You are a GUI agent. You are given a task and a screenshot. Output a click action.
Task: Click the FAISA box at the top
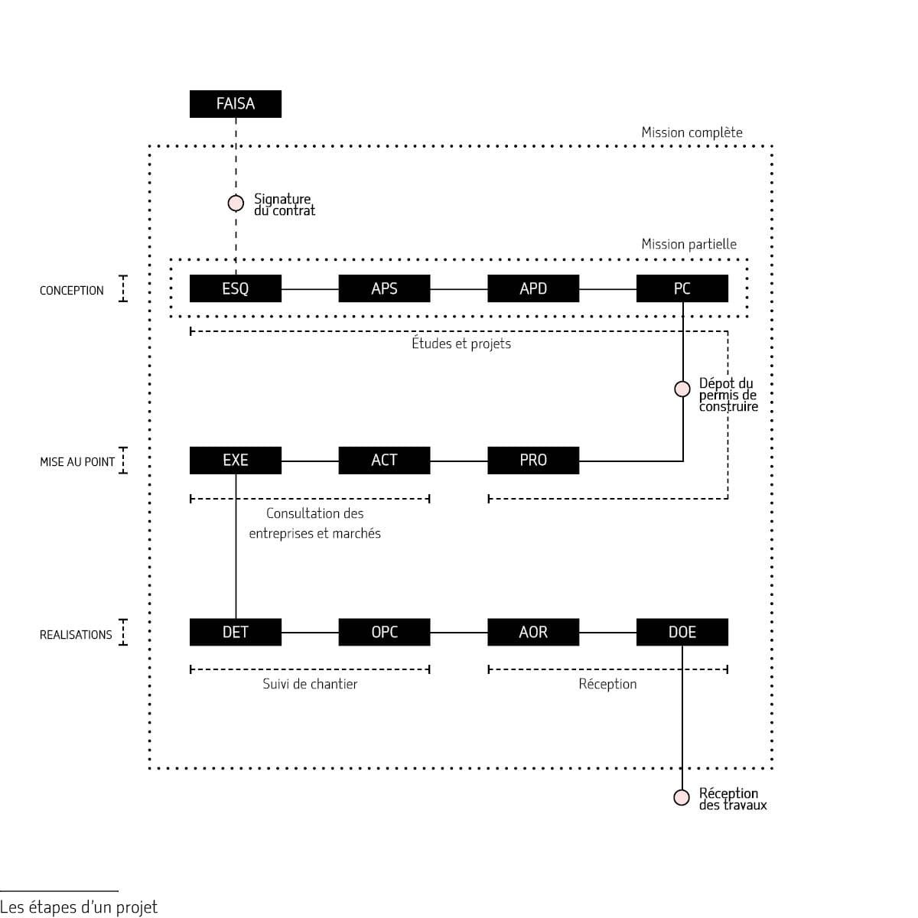tap(235, 104)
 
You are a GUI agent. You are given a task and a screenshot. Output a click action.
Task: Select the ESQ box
tap(235, 288)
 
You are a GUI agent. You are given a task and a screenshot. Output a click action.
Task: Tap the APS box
tap(384, 288)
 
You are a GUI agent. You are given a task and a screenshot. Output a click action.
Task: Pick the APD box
tap(533, 288)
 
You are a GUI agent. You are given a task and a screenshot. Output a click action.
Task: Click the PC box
tap(682, 288)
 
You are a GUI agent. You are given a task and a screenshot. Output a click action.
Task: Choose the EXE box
tap(235, 460)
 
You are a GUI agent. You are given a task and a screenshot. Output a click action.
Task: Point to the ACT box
tap(384, 460)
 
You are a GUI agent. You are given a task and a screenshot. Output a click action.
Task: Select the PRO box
tap(533, 460)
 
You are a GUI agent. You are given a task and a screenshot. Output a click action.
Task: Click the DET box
tap(235, 632)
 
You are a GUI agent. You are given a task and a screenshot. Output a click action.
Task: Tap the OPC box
tap(384, 632)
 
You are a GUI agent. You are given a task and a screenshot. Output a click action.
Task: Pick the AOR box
tap(533, 632)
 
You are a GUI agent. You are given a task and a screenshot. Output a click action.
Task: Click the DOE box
tap(682, 632)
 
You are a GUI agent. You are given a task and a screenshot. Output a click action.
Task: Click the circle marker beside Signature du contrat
tap(236, 203)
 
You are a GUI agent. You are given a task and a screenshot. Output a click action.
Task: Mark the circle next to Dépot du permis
tap(682, 389)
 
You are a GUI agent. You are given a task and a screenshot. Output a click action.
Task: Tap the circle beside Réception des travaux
tap(682, 798)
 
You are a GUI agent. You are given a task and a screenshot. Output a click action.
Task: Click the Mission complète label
tap(692, 132)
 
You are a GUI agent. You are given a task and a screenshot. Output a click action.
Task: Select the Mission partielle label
tap(688, 244)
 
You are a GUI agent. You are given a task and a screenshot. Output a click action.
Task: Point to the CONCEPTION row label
tap(72, 291)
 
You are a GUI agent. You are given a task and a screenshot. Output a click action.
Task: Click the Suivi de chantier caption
tap(310, 684)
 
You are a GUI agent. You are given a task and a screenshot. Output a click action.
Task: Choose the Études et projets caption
tap(461, 343)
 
